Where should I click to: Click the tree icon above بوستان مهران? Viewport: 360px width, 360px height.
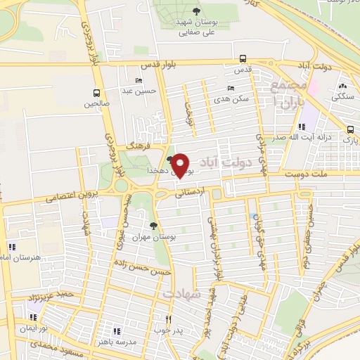(x=154, y=226)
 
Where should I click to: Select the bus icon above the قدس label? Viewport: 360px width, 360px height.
(x=243, y=58)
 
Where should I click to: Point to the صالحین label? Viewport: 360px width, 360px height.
(x=98, y=104)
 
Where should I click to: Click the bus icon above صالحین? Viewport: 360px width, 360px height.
(x=97, y=92)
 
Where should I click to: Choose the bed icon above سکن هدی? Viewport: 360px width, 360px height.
(x=231, y=88)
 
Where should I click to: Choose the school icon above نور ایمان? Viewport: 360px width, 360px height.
(x=32, y=318)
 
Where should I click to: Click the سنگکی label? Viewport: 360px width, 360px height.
(x=343, y=94)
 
